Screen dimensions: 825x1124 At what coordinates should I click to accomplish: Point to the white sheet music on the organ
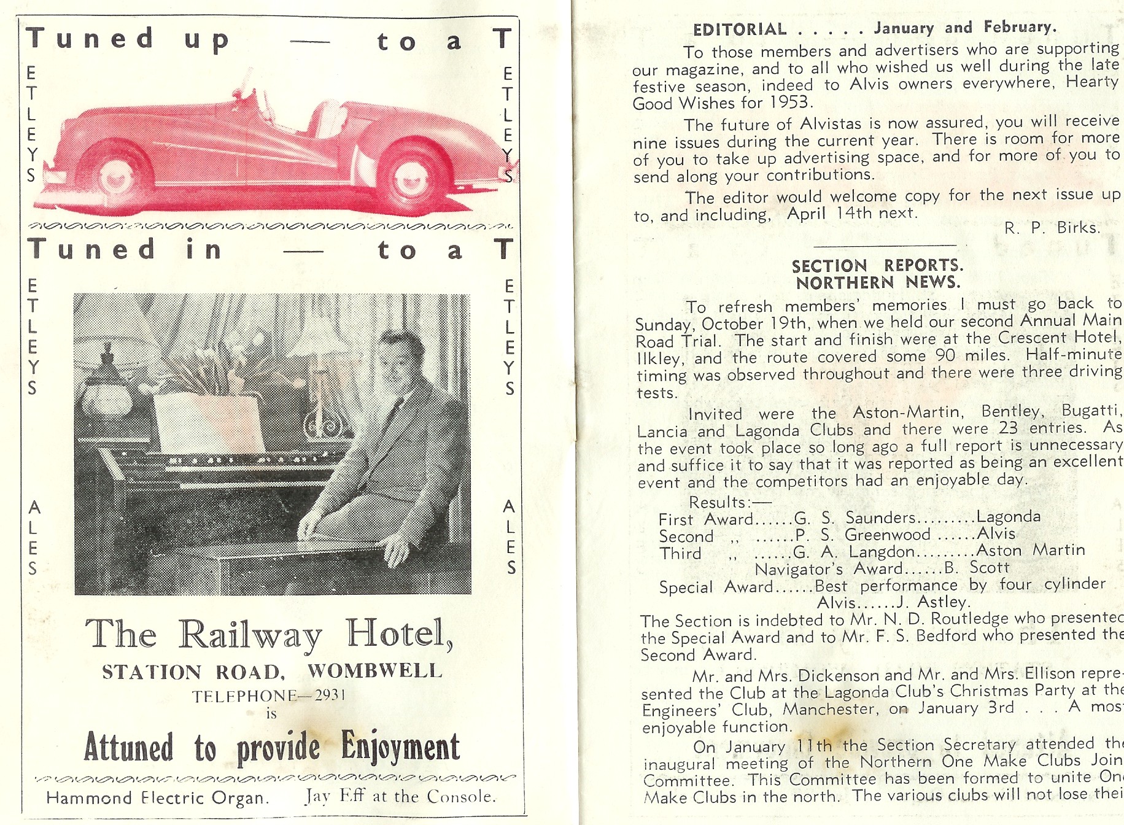pyautogui.click(x=210, y=424)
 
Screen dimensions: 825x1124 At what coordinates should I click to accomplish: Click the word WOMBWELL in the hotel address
pyautogui.click(x=374, y=671)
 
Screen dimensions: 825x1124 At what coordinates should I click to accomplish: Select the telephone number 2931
pyautogui.click(x=330, y=695)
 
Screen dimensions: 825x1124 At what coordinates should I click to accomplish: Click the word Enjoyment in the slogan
pyautogui.click(x=400, y=746)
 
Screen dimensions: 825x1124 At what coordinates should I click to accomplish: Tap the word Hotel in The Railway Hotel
pyautogui.click(x=398, y=633)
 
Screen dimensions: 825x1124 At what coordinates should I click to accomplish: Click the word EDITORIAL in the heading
pyautogui.click(x=739, y=29)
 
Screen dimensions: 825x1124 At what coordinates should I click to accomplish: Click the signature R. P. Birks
pyautogui.click(x=1052, y=228)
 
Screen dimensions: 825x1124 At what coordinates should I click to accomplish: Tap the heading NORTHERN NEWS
pyautogui.click(x=878, y=282)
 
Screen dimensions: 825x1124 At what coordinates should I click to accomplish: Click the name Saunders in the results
pyautogui.click(x=880, y=517)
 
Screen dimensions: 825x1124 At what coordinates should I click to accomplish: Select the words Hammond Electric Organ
pyautogui.click(x=157, y=798)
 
